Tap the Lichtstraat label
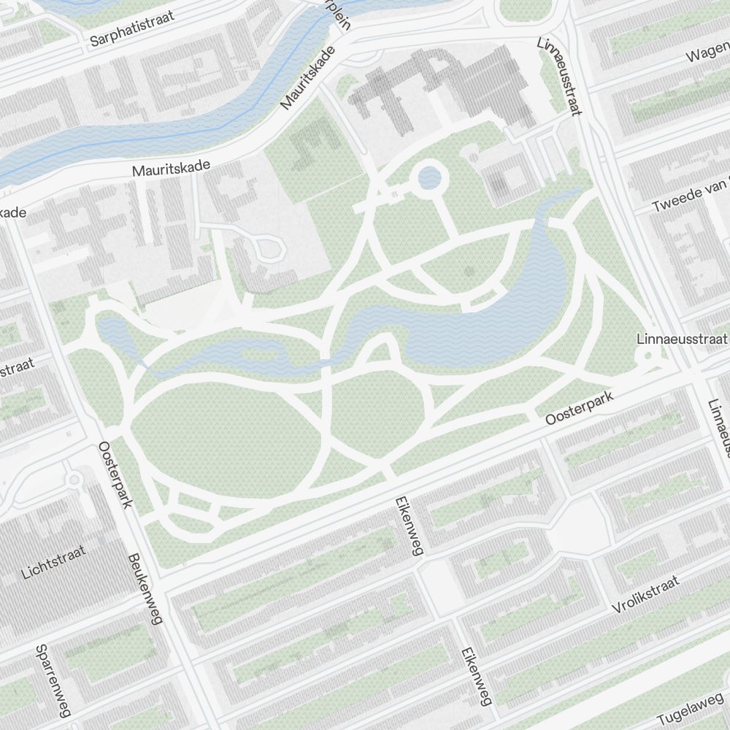[53, 562]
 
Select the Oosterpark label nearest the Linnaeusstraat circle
[581, 410]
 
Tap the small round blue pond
[429, 177]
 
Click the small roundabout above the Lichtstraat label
[74, 480]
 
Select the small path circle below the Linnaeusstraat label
[648, 357]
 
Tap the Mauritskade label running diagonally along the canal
[307, 78]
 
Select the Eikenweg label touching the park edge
[407, 526]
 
